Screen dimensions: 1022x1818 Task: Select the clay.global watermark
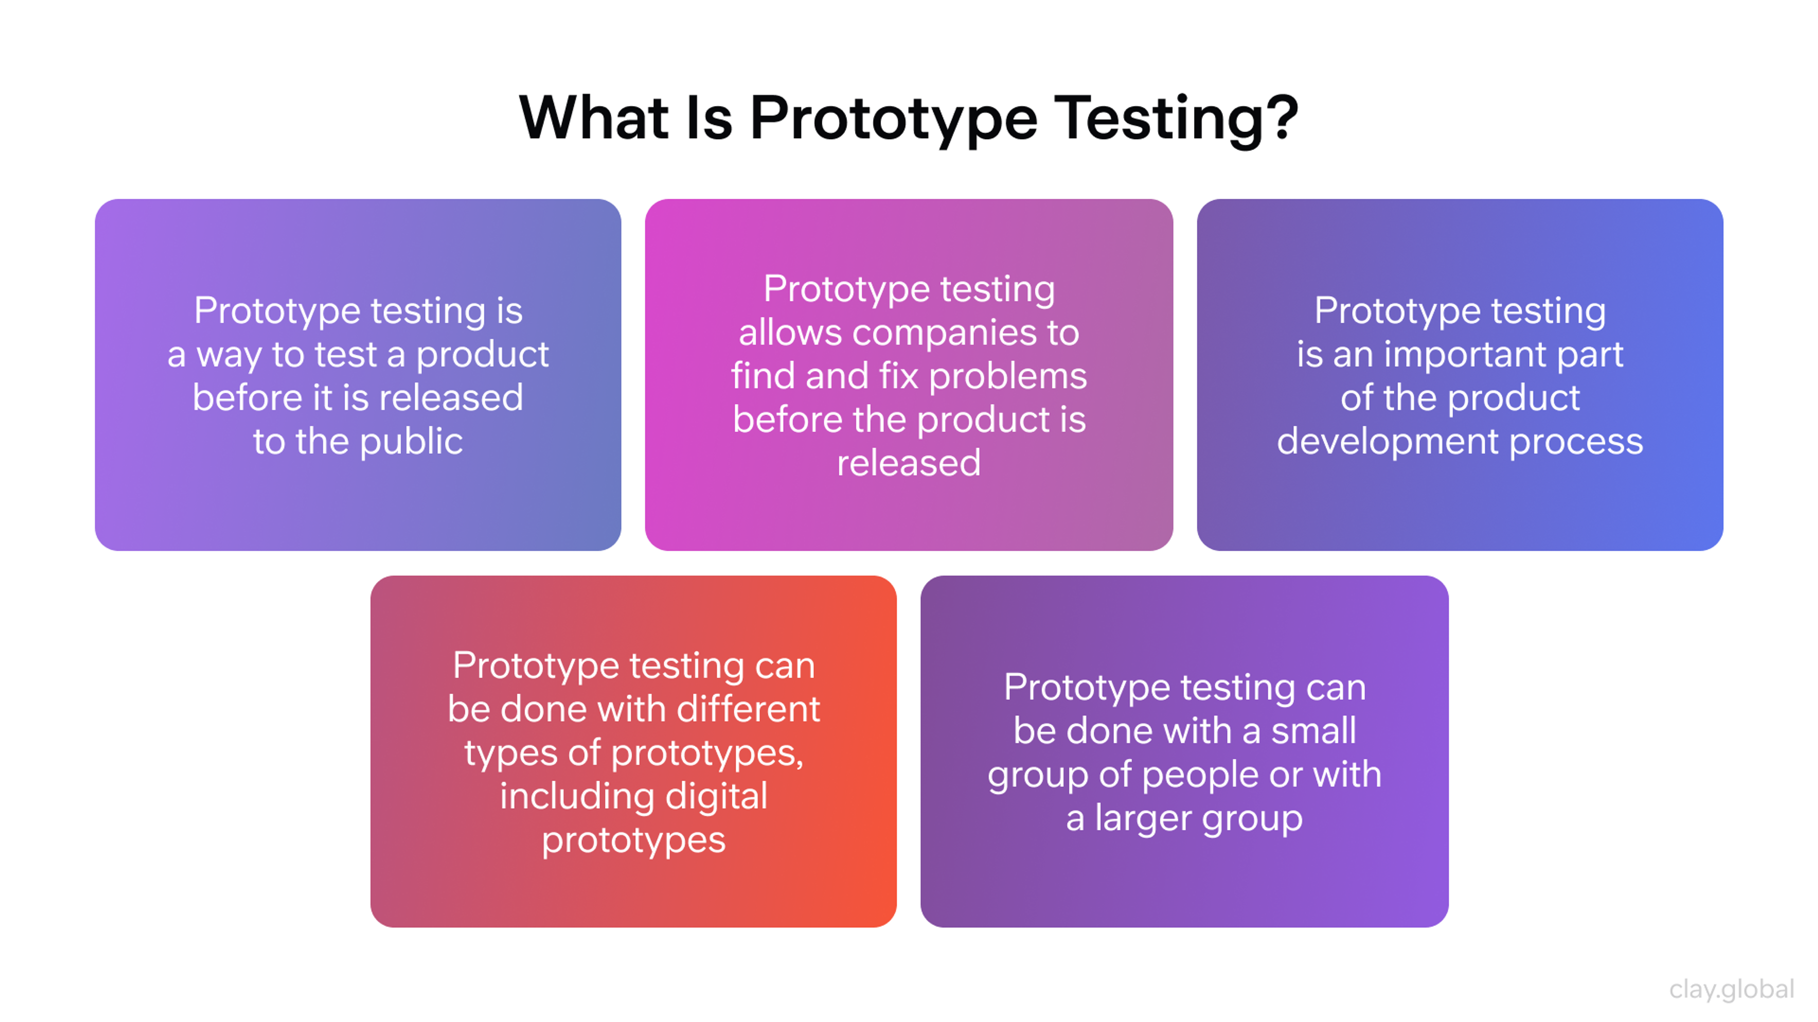1731,989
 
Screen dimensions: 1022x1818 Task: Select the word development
1388,442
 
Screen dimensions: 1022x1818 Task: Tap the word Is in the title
709,118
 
